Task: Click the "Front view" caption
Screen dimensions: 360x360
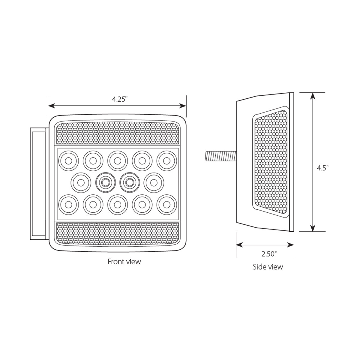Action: [124, 262]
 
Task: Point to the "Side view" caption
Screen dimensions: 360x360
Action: [268, 267]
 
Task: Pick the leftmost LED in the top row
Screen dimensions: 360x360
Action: [68, 160]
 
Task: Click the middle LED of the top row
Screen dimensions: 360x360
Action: [118, 160]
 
